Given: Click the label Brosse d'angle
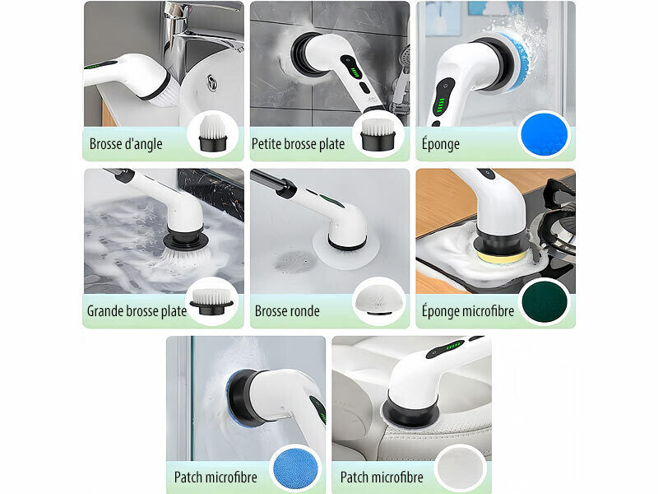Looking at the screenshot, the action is [126, 144].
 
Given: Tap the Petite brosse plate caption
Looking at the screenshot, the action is [298, 144].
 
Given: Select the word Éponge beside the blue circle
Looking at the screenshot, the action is [441, 143].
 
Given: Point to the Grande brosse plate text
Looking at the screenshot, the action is [137, 311].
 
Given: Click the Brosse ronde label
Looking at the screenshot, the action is [287, 311].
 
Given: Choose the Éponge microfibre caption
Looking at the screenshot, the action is [468, 311].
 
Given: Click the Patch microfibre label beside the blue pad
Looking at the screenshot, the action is [215, 478].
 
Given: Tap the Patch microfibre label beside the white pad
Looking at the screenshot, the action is [382, 478].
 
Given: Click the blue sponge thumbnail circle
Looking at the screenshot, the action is [544, 135].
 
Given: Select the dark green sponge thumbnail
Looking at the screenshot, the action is [544, 301].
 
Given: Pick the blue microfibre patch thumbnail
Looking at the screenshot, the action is [295, 468].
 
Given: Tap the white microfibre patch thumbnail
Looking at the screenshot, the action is [461, 468].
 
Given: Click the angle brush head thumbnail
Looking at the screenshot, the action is [213, 133].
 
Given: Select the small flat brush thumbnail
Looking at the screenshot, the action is [378, 134].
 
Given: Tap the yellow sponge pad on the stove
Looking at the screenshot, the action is [501, 256].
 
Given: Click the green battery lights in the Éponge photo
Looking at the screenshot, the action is [440, 105].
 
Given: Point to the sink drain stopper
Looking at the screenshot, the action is [212, 82].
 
